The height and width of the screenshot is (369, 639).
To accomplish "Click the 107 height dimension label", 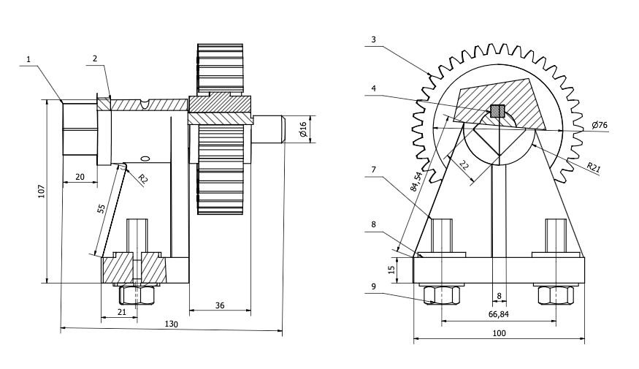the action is pyautogui.click(x=42, y=191).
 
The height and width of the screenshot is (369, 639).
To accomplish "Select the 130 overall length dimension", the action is pyautogui.click(x=171, y=324).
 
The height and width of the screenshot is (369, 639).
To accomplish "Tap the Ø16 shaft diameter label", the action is pyautogui.click(x=302, y=129).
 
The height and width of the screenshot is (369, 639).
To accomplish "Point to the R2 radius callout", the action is pyautogui.click(x=142, y=178).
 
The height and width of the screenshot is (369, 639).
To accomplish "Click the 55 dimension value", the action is pyautogui.click(x=102, y=209).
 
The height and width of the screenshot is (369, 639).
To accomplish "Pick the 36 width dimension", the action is pyautogui.click(x=220, y=305).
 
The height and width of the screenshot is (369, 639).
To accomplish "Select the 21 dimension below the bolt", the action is pyautogui.click(x=121, y=312).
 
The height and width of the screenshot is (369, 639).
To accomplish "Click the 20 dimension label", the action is pyautogui.click(x=80, y=177).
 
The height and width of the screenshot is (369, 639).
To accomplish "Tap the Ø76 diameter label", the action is pyautogui.click(x=599, y=125).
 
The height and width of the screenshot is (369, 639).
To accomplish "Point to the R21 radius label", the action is pyautogui.click(x=594, y=167).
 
